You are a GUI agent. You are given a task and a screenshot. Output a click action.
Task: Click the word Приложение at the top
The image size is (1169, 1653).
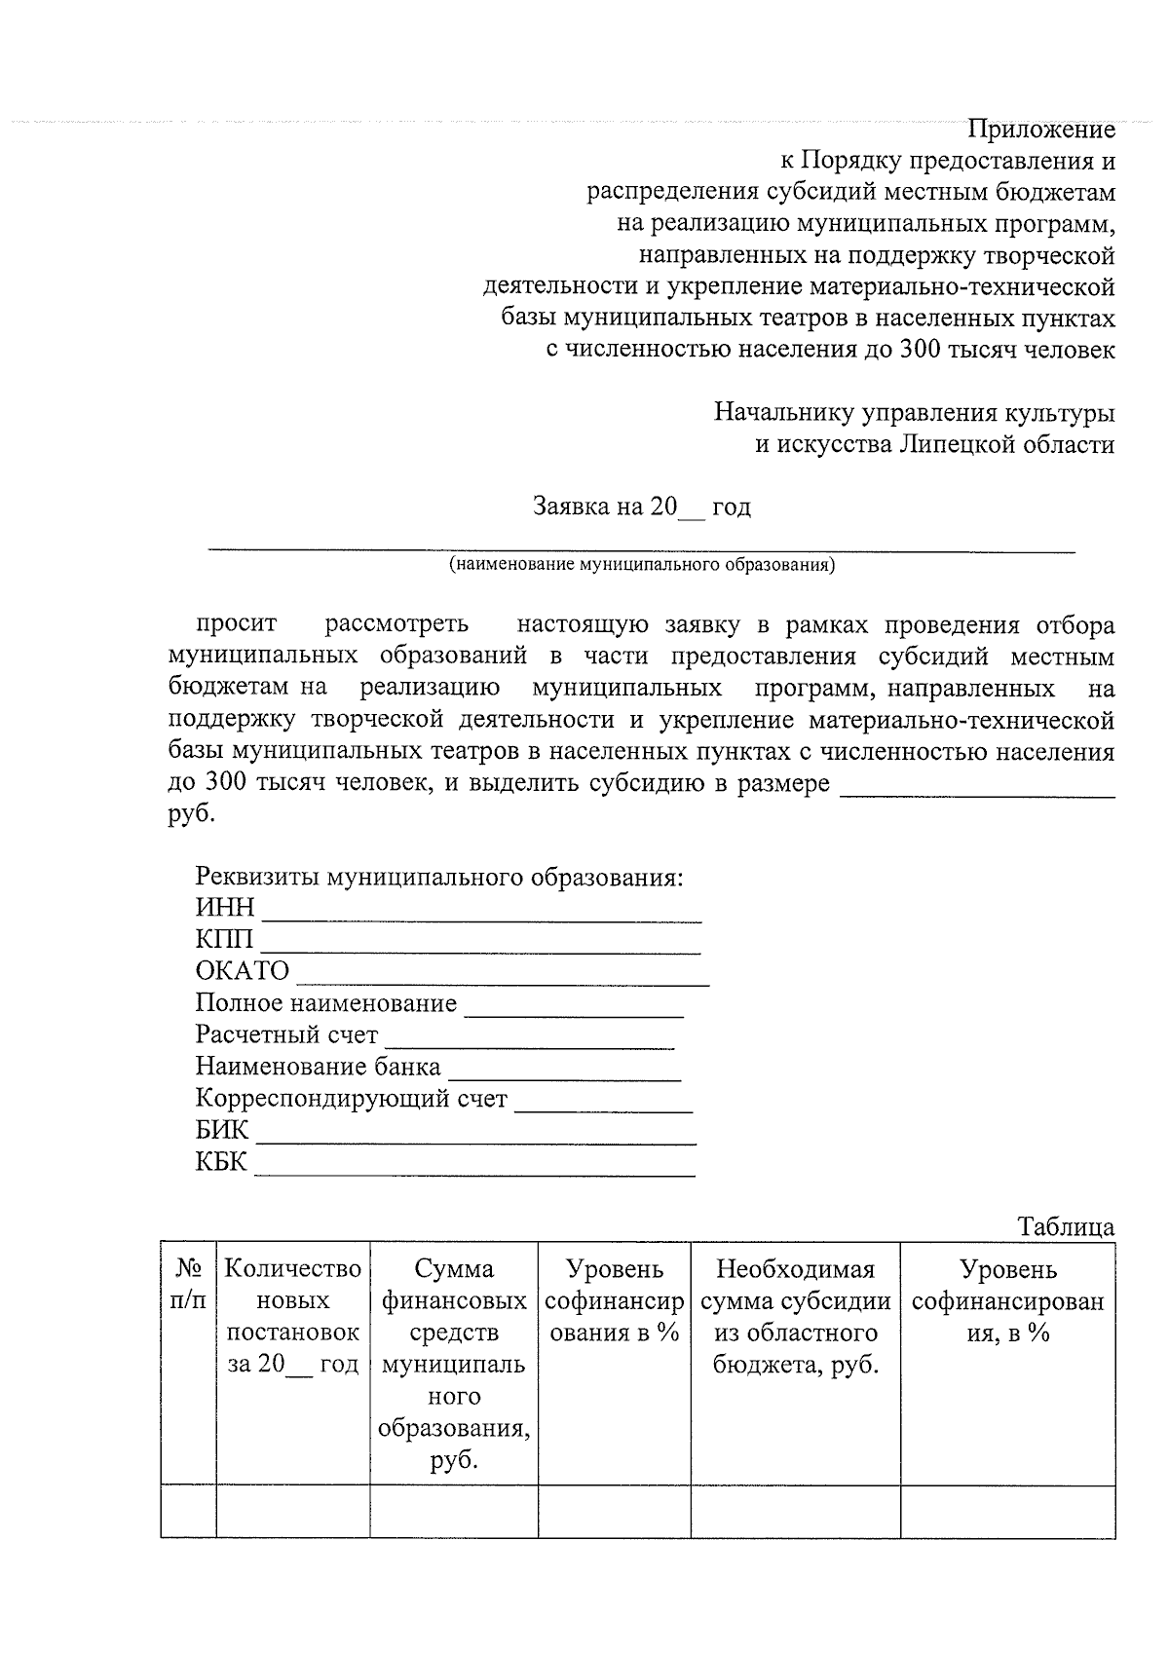(1040, 130)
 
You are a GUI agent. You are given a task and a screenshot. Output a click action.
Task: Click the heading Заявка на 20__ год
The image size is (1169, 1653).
(641, 507)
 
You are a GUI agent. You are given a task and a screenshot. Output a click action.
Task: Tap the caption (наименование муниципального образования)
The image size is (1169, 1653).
(641, 564)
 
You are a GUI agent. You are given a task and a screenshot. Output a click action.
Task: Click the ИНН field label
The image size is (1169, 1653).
(225, 908)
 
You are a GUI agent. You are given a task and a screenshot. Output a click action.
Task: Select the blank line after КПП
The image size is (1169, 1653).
(480, 943)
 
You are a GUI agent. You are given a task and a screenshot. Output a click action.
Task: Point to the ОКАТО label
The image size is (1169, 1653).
(243, 971)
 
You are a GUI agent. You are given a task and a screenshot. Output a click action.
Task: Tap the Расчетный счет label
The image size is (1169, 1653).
(286, 1034)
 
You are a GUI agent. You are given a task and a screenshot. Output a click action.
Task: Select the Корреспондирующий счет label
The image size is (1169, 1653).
(351, 1099)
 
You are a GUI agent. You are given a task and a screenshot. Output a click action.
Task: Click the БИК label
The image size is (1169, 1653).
(222, 1131)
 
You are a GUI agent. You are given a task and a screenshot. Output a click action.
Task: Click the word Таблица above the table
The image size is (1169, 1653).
(1066, 1226)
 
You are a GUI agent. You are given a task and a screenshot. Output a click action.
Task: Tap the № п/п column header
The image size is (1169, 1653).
(188, 1285)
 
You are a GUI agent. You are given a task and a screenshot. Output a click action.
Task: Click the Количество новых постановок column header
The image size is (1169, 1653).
(292, 1316)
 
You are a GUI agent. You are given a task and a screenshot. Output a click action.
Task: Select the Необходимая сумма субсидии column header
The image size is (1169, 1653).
(795, 1316)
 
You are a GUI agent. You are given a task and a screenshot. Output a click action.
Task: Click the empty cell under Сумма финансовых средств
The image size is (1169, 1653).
(453, 1511)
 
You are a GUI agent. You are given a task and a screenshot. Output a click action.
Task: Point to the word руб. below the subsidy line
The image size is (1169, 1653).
(191, 814)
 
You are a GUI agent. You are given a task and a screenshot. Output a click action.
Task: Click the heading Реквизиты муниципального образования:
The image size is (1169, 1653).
(439, 877)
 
